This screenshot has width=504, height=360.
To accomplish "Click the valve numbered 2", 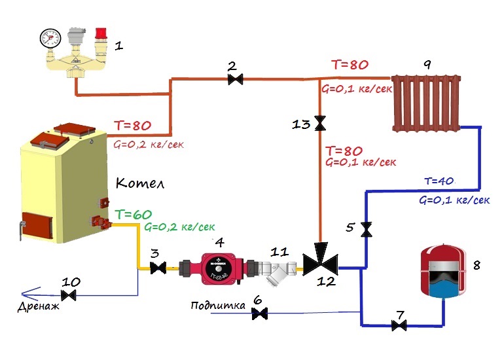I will pos(234,80).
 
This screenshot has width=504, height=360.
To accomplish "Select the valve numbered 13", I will pos(320,123).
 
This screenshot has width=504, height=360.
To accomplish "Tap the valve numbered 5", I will pos(366,229).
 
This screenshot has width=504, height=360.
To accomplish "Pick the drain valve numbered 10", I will pos(72,297).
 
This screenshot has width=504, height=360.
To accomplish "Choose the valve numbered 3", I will pos(158,268).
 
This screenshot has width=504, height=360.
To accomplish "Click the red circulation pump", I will pos(216,267).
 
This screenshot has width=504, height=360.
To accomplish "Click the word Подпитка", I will pos(218,306).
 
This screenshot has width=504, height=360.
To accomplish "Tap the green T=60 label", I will pos(133,214).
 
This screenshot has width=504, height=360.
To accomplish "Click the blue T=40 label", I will pos(439,181).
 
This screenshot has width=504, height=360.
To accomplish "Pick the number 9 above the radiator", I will pos(427,65).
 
